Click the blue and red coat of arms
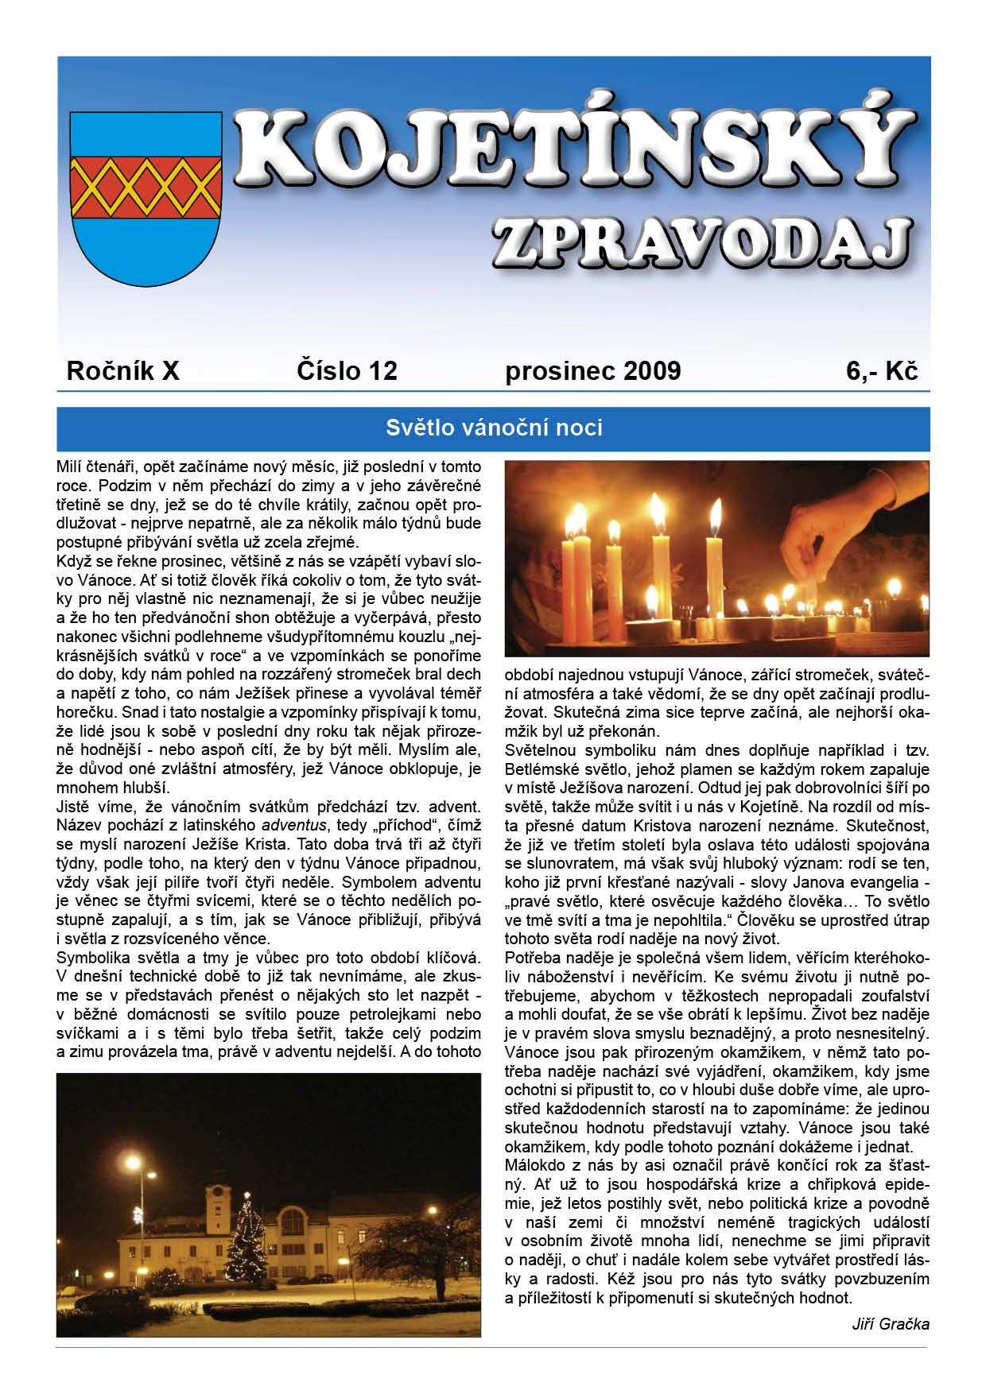click(146, 199)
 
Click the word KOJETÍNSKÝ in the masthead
click(573, 147)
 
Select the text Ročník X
click(123, 370)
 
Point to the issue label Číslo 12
click(347, 370)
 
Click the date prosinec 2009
click(592, 371)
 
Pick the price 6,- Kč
click(882, 370)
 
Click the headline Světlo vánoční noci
click(494, 428)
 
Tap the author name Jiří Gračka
click(890, 1324)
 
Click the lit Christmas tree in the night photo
click(247, 1239)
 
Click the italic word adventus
click(293, 825)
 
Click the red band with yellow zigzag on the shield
click(146, 187)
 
